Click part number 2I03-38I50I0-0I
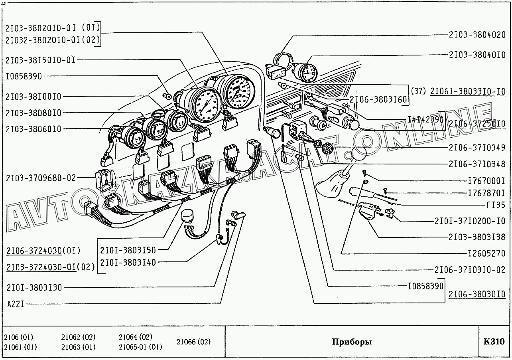click(40, 60)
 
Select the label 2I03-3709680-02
click(40, 178)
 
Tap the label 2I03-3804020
click(477, 35)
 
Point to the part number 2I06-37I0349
click(477, 148)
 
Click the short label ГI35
click(496, 205)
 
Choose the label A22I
click(16, 304)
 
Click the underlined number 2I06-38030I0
click(477, 294)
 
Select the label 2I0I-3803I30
click(34, 287)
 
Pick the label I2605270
click(486, 253)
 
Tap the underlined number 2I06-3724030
click(33, 251)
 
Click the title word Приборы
click(352, 342)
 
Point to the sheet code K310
click(494, 342)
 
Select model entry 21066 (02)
click(193, 342)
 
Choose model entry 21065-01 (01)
click(140, 347)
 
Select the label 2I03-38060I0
click(34, 129)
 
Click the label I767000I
click(486, 180)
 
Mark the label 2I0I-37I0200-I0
click(470, 221)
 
